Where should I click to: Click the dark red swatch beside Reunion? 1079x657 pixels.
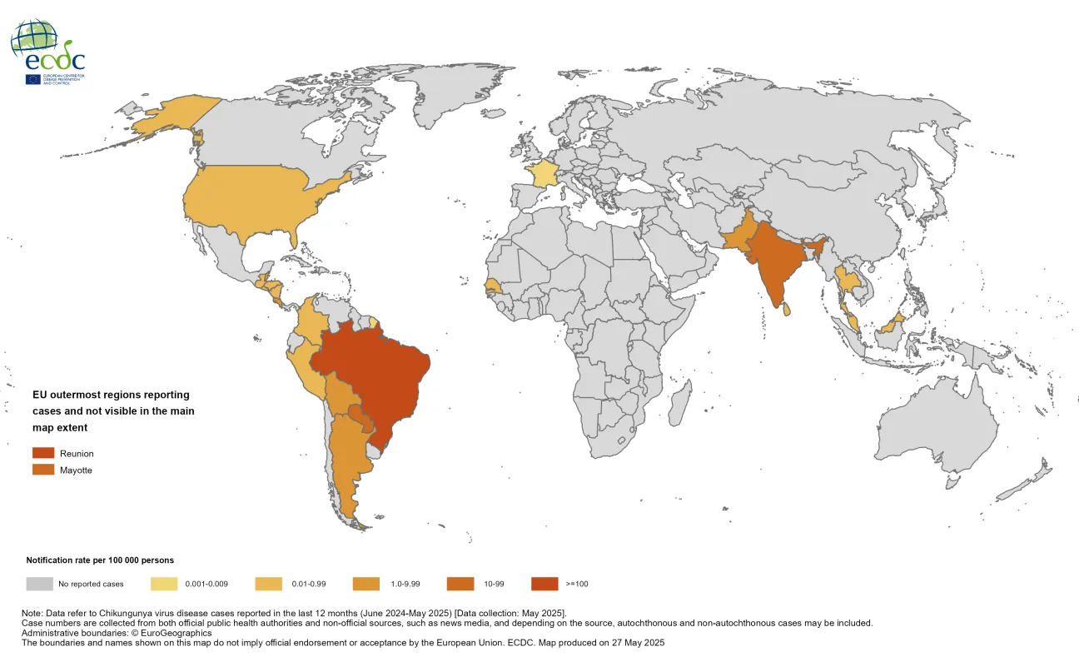pos(43,453)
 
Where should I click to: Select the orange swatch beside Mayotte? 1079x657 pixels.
pos(43,470)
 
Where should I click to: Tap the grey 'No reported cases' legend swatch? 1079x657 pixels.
pos(40,584)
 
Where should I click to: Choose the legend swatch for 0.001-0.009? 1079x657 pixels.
pos(164,584)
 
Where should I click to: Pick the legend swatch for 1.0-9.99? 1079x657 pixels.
pos(366,584)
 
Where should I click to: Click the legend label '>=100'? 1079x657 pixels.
pos(576,584)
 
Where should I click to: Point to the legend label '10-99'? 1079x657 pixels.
pos(494,584)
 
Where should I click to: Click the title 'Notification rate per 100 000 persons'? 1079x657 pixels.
pos(100,560)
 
